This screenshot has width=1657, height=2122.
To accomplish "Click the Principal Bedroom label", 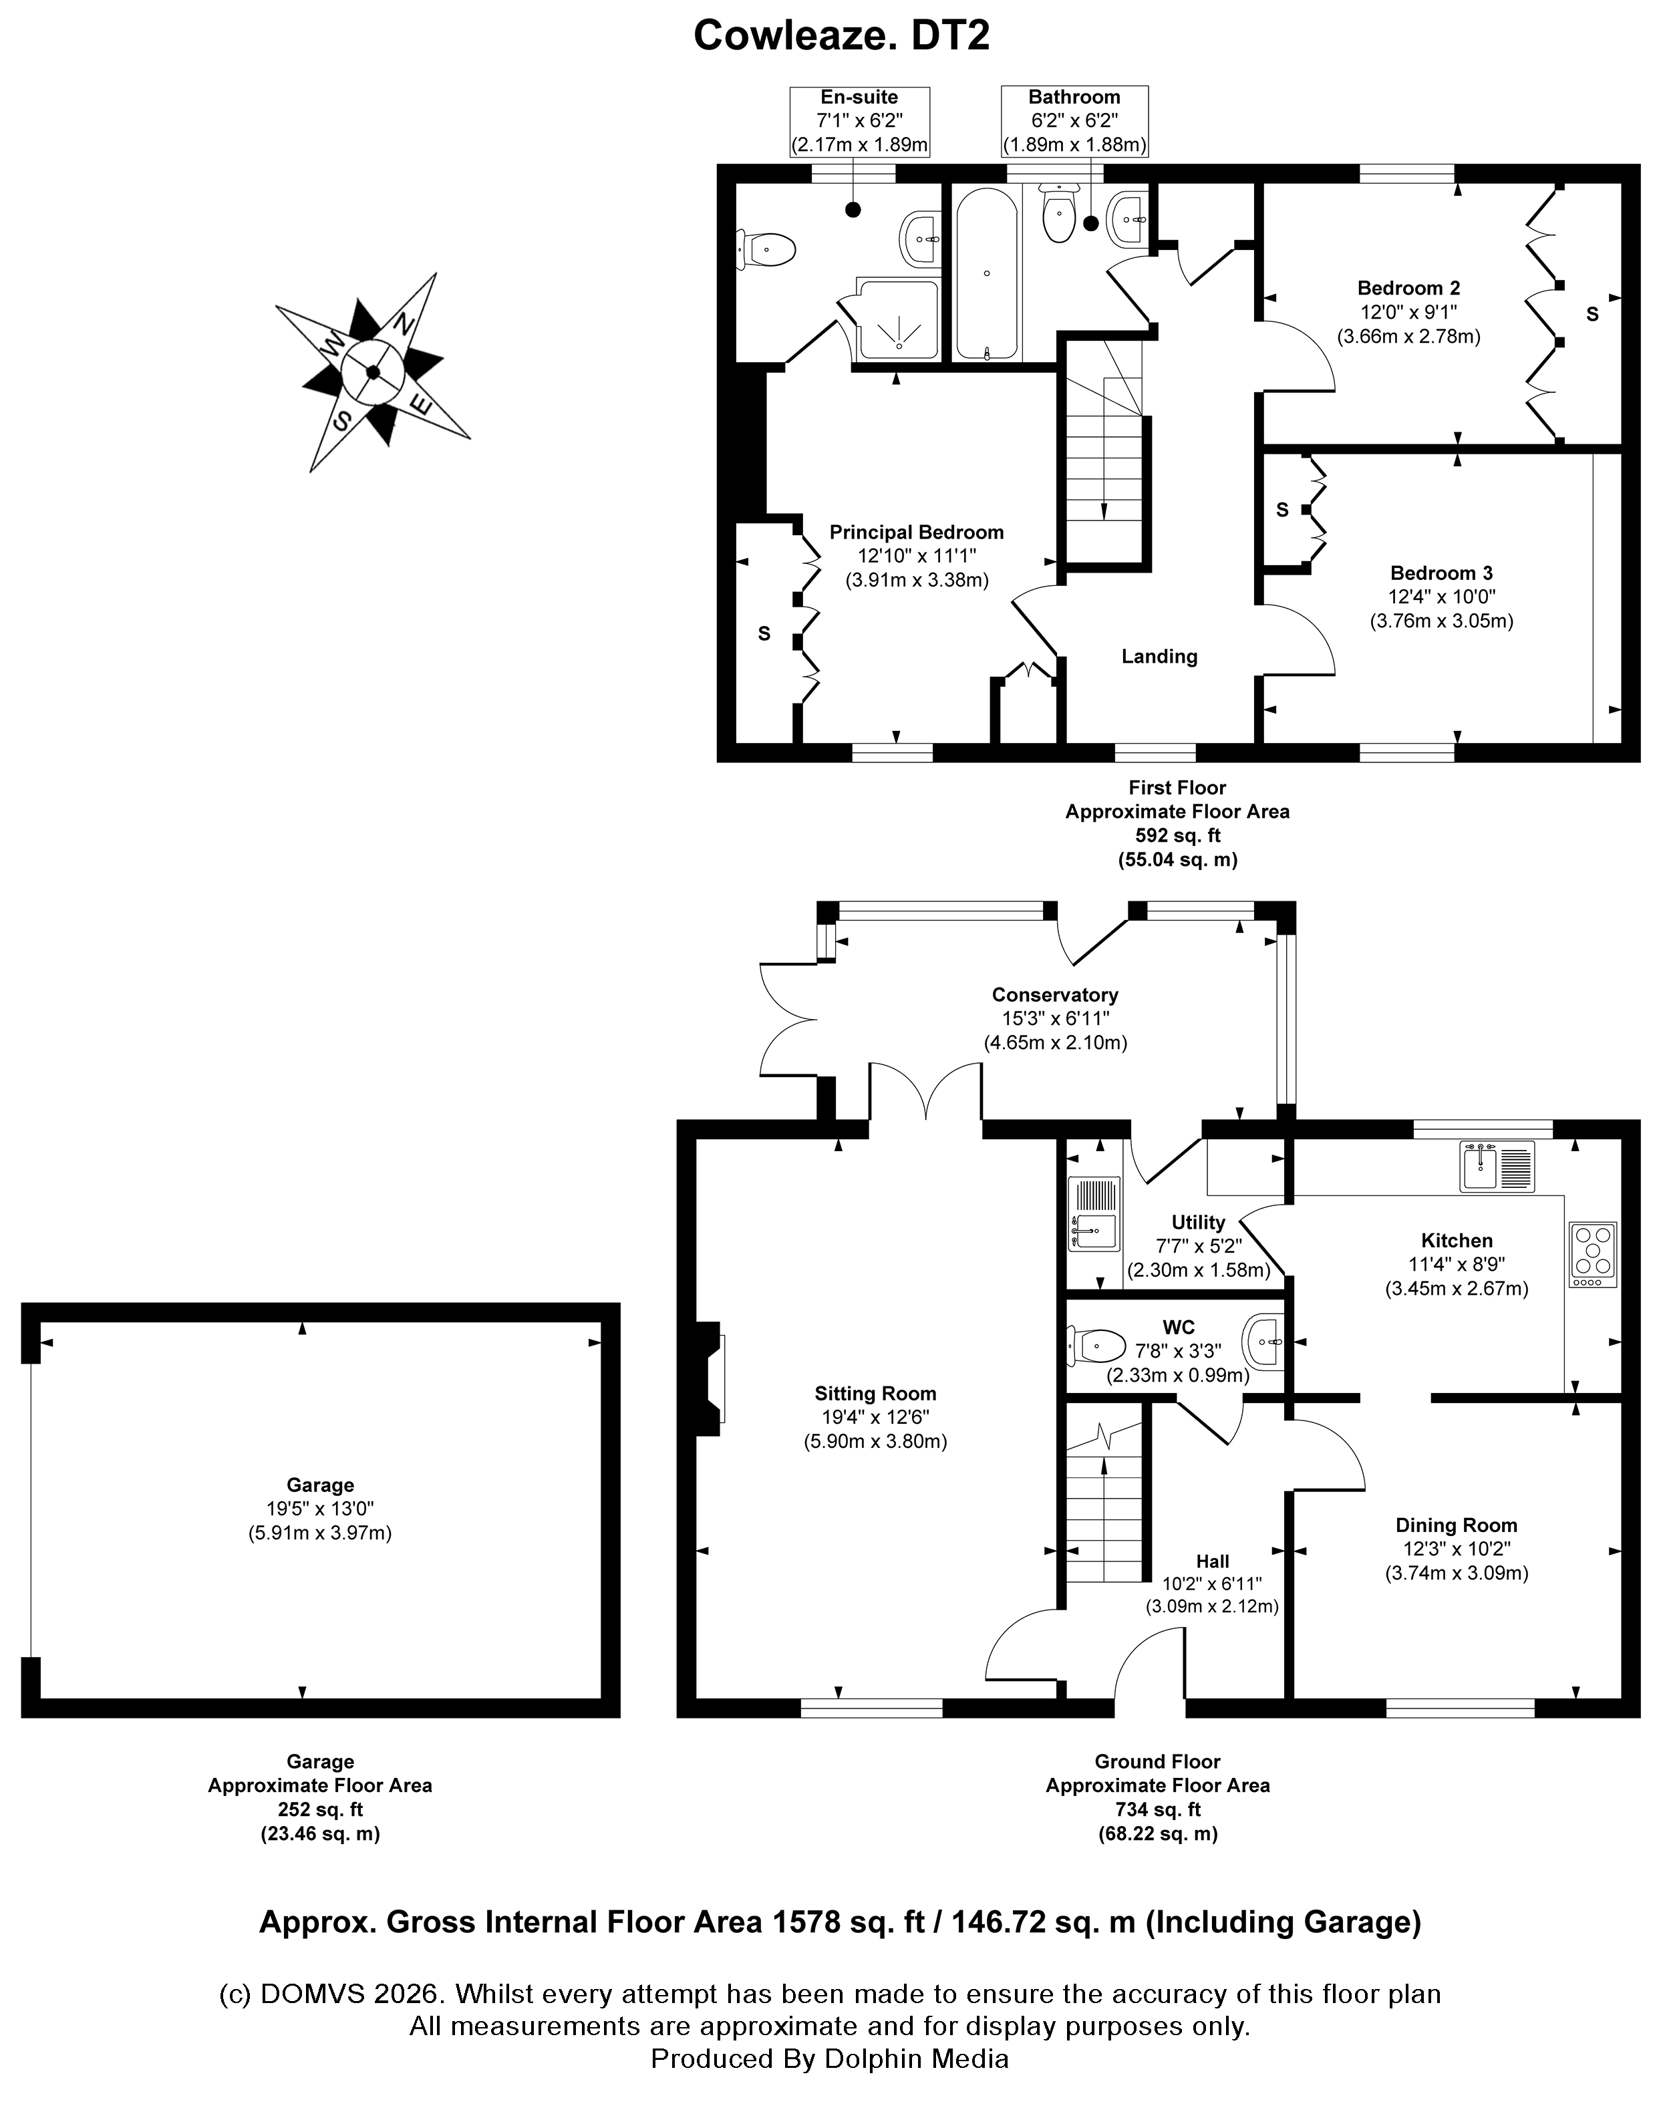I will click(x=915, y=533).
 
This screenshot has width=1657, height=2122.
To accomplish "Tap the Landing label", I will click(x=1159, y=657).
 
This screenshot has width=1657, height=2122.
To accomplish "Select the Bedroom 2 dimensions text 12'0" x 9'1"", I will click(x=1408, y=313).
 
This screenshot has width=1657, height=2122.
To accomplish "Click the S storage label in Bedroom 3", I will click(x=1282, y=510).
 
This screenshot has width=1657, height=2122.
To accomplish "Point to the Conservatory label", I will click(x=1054, y=995).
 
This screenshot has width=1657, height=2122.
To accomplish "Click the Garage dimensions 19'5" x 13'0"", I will click(x=320, y=1509).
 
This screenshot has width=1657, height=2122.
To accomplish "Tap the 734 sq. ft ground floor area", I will click(x=1157, y=1810).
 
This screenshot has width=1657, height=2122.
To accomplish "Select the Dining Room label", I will click(x=1456, y=1525).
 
